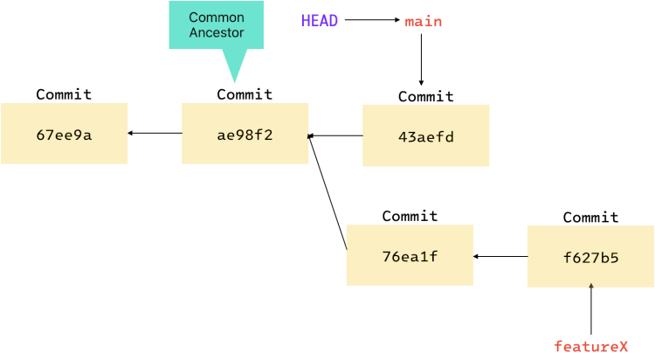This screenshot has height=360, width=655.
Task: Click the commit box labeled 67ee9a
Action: coord(65,134)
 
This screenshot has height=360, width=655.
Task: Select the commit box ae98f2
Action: coord(245,134)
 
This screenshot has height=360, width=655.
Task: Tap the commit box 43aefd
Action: coord(426,135)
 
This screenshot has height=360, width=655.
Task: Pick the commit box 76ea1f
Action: coord(410,255)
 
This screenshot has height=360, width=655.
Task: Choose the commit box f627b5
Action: coord(590,256)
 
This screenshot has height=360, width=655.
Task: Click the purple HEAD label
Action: coord(319,21)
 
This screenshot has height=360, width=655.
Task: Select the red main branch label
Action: coord(424,22)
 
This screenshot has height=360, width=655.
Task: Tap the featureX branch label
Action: coord(590,347)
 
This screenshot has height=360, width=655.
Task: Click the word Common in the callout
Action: coord(217,17)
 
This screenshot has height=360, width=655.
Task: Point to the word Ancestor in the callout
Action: coord(217,33)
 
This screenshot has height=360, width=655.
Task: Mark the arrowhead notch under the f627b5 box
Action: coord(590,286)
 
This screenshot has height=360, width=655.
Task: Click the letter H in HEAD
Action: coord(306,21)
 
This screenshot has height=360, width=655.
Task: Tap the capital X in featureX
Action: coord(623,347)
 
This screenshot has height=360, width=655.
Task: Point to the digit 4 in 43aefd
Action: coord(403,137)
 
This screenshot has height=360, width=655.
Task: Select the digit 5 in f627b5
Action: coord(615,258)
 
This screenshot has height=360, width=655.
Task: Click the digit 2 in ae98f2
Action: coord(269,135)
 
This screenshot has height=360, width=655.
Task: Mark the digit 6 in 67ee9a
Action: coord(40,135)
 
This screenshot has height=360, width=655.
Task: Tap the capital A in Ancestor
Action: coord(194,33)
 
